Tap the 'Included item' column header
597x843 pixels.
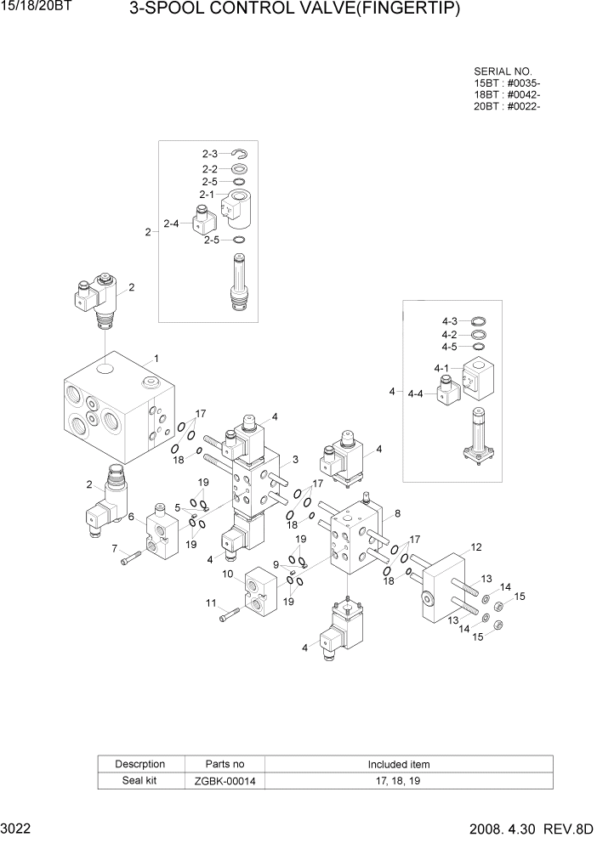pyautogui.click(x=399, y=764)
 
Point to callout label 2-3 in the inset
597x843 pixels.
pyautogui.click(x=210, y=154)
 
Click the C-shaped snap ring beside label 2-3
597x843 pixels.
pyautogui.click(x=239, y=154)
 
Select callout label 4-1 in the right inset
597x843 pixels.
pyautogui.click(x=441, y=368)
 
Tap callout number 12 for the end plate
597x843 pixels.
pyautogui.click(x=476, y=546)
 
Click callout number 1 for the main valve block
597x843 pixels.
pyautogui.click(x=156, y=358)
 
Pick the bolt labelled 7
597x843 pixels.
pyautogui.click(x=129, y=558)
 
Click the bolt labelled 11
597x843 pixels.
pyautogui.click(x=226, y=616)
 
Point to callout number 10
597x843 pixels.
pyautogui.click(x=228, y=574)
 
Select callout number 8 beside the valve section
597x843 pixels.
pyautogui.click(x=397, y=513)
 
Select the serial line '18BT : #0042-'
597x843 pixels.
pyautogui.click(x=507, y=94)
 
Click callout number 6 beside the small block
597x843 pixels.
pyautogui.click(x=131, y=516)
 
